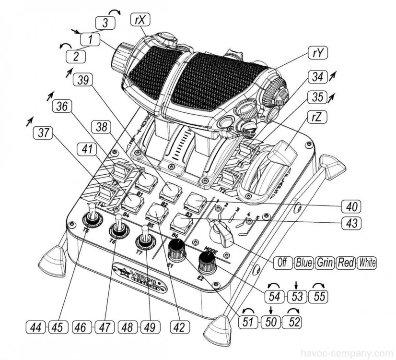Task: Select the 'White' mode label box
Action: [367, 263]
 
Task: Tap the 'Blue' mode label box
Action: [303, 263]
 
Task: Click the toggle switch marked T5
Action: [93, 218]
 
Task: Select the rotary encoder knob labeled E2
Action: [207, 261]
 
